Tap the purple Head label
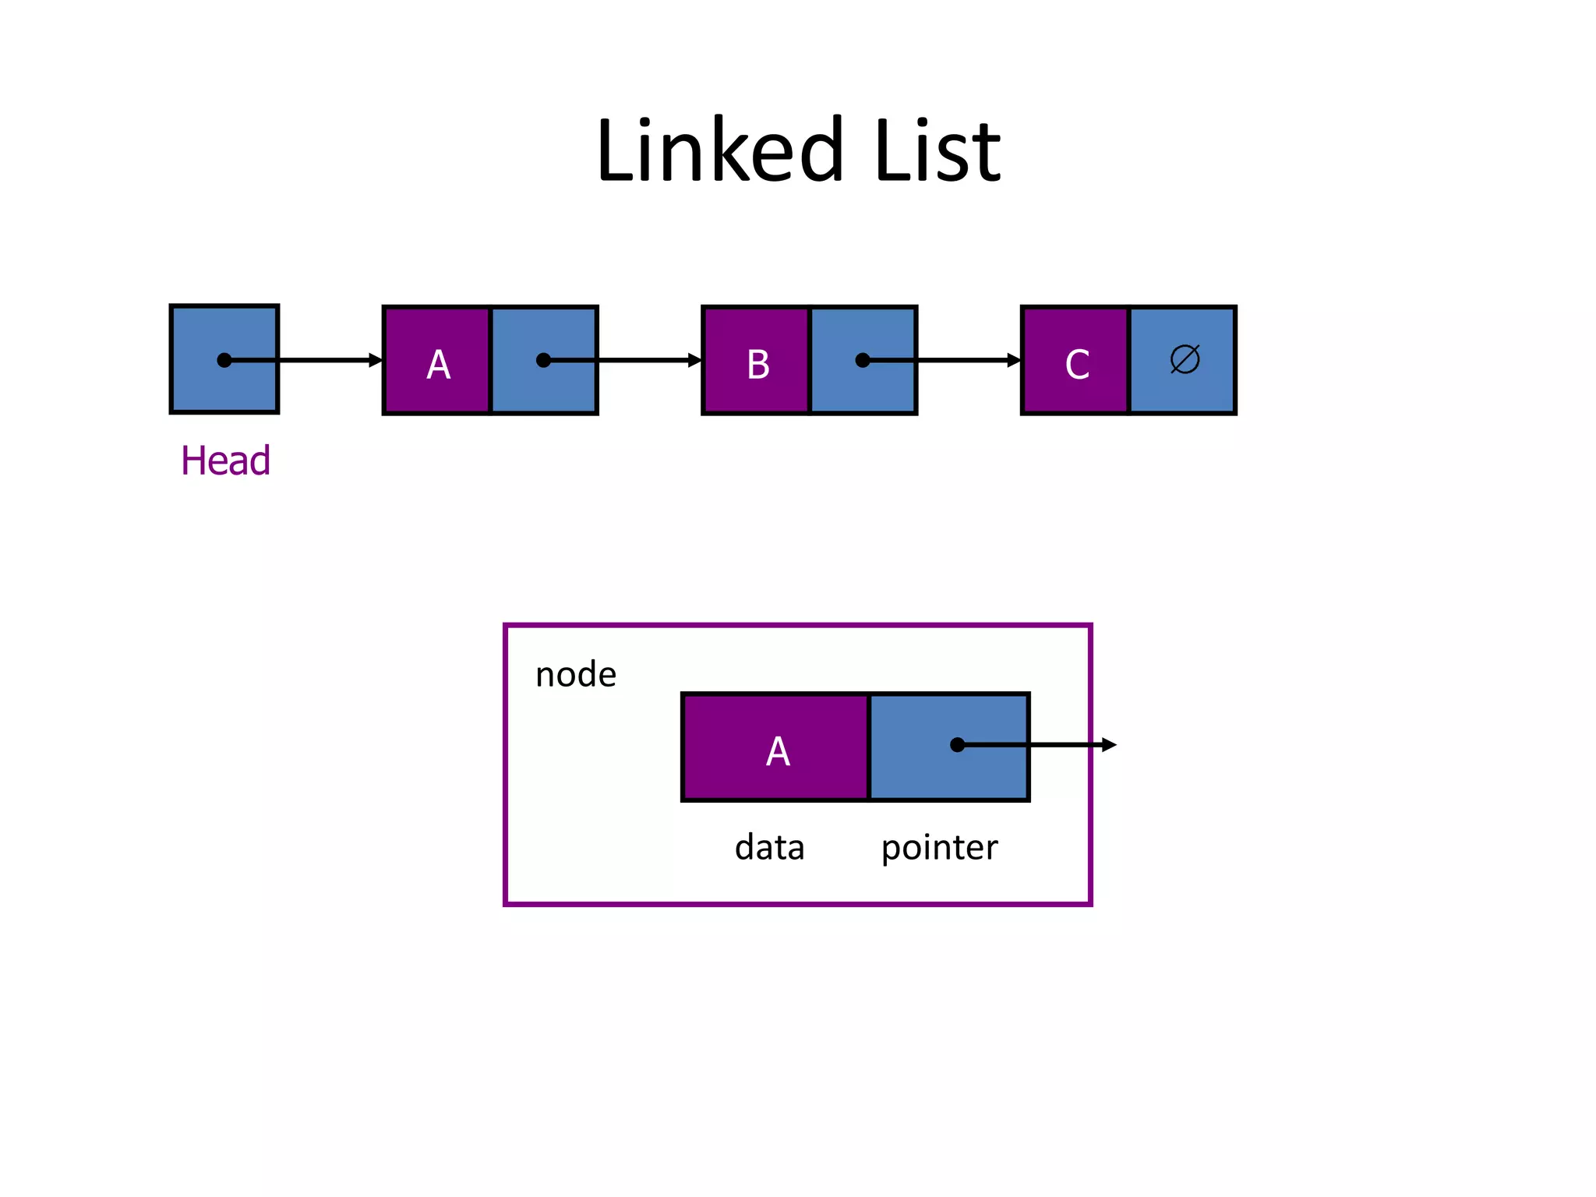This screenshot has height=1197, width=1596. (x=225, y=461)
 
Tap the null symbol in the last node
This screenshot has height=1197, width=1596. (x=1185, y=359)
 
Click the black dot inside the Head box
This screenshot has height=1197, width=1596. (x=224, y=360)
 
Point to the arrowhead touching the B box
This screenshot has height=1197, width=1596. (x=695, y=360)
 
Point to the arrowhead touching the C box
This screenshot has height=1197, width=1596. (x=1014, y=360)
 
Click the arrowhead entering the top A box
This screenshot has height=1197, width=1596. (x=376, y=360)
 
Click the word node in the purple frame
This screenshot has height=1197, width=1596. (x=575, y=674)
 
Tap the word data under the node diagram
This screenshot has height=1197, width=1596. (x=769, y=847)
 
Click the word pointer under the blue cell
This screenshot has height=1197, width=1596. (x=939, y=847)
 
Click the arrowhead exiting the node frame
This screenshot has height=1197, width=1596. (x=1109, y=745)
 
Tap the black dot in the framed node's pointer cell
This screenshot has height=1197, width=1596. (x=958, y=745)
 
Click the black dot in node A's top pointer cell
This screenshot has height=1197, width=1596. (x=544, y=360)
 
